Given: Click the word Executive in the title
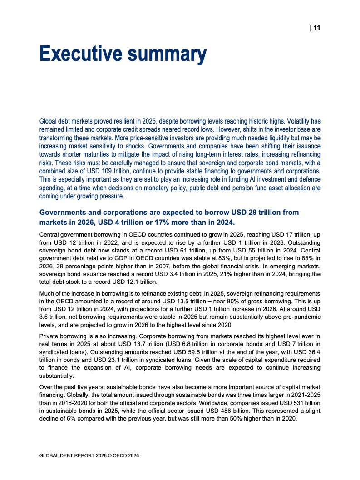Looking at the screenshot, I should click(x=79, y=54).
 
